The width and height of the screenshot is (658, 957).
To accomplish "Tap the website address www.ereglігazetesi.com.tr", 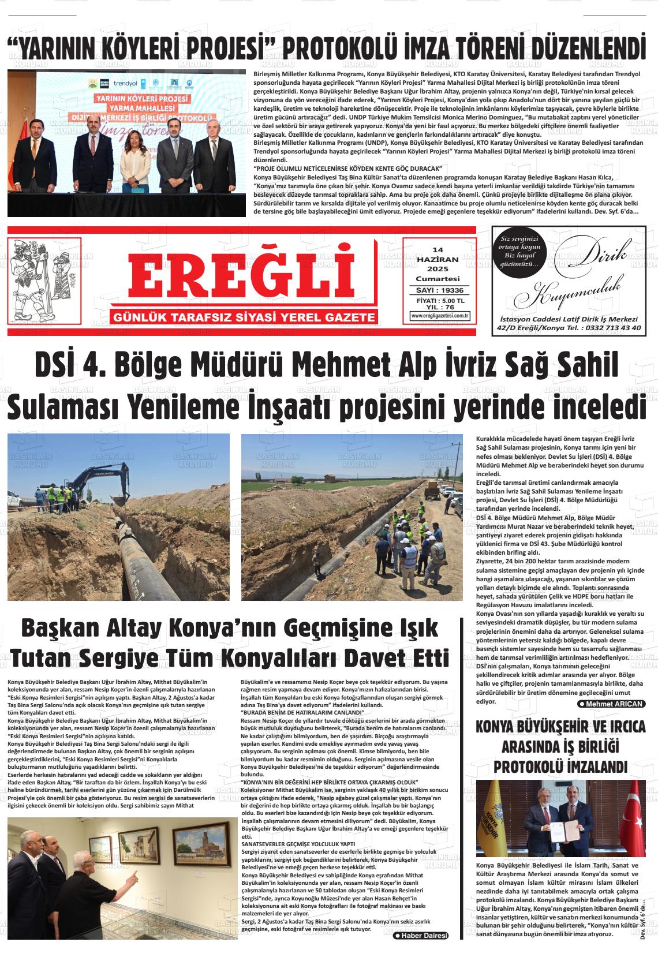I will (440, 316).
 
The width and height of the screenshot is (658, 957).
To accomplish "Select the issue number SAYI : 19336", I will (440, 290).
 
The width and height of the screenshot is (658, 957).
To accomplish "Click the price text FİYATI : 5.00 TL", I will (440, 301).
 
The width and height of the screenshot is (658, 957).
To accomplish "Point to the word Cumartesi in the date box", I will (438, 279).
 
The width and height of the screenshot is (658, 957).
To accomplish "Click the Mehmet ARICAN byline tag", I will (611, 704).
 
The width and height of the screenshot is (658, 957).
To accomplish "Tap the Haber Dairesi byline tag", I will (420, 936).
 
